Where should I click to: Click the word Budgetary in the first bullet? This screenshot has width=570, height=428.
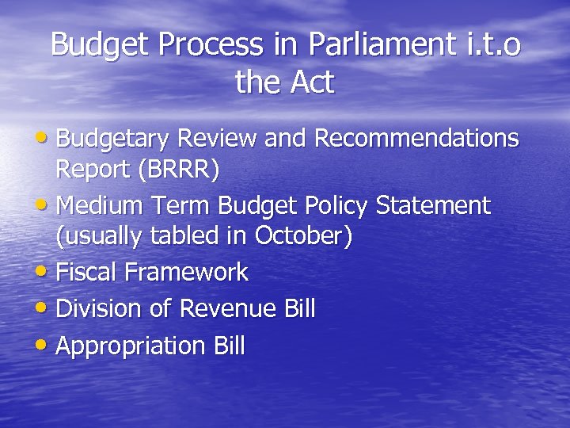pyautogui.click(x=113, y=139)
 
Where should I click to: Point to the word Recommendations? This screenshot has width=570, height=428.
pyautogui.click(x=416, y=139)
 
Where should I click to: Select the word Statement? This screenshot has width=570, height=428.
pyautogui.click(x=433, y=206)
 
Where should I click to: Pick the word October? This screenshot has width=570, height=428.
pyautogui.click(x=300, y=237)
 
